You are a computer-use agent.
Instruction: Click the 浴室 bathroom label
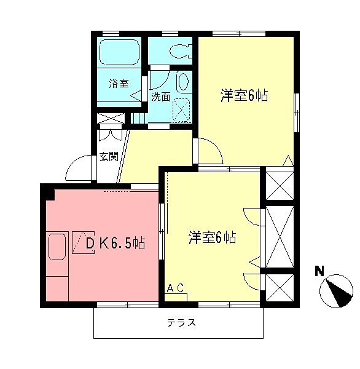(x=119, y=84)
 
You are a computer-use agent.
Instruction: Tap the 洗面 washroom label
(x=161, y=97)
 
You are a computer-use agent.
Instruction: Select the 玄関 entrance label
(x=108, y=157)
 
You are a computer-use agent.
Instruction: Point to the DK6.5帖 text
(x=115, y=243)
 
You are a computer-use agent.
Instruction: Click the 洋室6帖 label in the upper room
(x=245, y=96)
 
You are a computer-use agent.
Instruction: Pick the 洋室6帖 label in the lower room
(x=213, y=237)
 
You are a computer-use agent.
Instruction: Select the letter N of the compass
(x=319, y=271)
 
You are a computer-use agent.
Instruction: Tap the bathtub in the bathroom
(x=119, y=54)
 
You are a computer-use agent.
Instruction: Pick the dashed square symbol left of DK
(x=80, y=242)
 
